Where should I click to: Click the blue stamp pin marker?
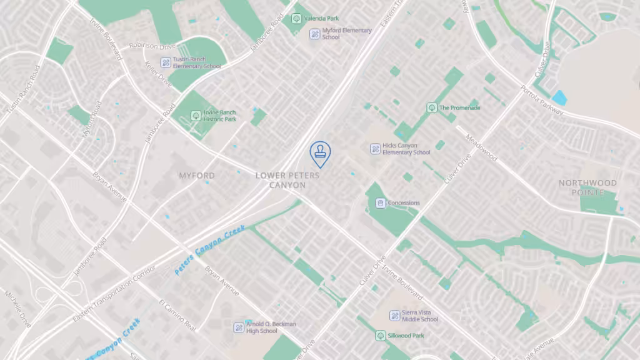point(320,152)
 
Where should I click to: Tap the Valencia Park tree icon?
point(296,19)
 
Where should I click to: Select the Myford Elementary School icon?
point(315,33)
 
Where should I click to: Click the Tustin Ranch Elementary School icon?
point(166,62)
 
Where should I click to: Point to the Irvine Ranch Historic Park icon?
point(196,116)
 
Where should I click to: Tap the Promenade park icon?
point(431,107)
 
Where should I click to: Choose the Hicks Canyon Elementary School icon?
point(375,149)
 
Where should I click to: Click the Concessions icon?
point(380,203)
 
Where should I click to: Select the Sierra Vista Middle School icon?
point(394,316)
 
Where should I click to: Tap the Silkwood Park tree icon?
point(380,336)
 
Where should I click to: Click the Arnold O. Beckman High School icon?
point(239,327)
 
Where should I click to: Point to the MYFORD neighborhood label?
point(196,176)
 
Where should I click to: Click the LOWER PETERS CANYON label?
point(287,180)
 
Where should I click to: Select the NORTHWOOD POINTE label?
point(587,187)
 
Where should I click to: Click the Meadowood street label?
point(482,146)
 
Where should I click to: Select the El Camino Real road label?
point(177,316)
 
